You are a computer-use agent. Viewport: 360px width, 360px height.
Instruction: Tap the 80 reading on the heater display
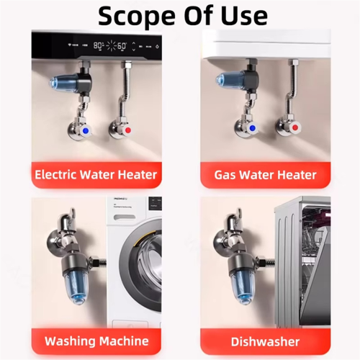(98, 45)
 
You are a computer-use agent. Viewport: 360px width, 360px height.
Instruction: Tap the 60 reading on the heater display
(122, 45)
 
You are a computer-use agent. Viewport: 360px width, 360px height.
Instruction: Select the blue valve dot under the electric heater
(86, 131)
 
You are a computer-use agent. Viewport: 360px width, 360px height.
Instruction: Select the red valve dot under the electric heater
(128, 130)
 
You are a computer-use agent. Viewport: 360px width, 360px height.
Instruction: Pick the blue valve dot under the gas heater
(253, 128)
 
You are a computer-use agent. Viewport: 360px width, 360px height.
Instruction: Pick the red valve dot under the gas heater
(295, 127)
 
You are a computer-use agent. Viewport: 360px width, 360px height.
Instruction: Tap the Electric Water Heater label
(96, 174)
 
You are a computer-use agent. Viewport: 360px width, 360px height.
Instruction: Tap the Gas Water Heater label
(265, 175)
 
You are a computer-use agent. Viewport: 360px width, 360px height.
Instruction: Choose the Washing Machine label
(96, 341)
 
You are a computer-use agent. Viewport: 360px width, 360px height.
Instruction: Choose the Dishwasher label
(265, 341)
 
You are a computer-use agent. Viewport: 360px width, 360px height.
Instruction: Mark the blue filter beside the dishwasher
(243, 287)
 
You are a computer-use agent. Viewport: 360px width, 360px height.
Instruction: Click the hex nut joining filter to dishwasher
(261, 261)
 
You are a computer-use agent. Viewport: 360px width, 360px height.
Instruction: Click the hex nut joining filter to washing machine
(94, 261)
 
